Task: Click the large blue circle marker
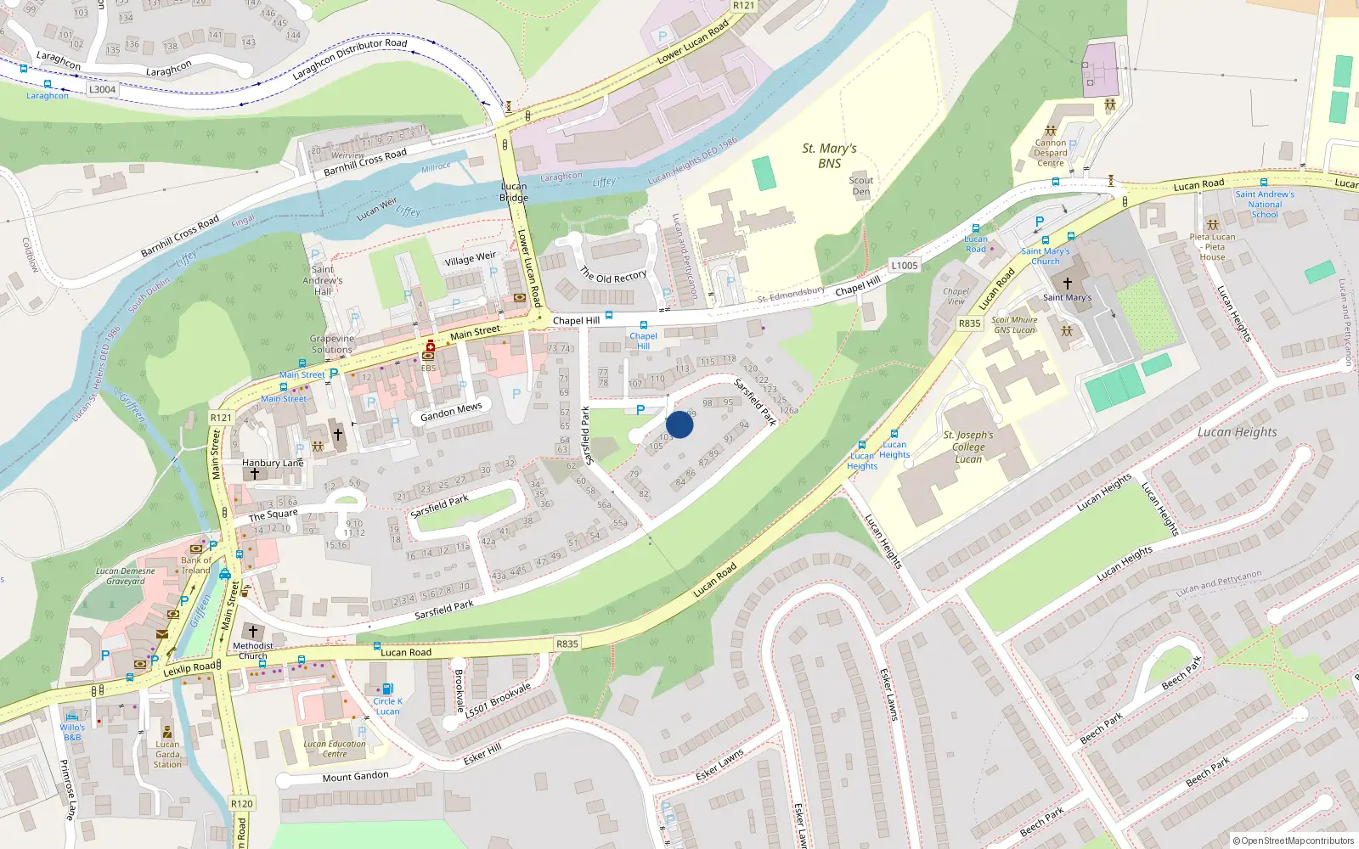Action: tap(679, 424)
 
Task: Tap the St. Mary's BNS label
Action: tap(829, 155)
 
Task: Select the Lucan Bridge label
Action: tap(513, 192)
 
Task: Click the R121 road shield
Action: tap(221, 417)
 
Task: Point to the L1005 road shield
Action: tap(905, 266)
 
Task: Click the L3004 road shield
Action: tap(102, 89)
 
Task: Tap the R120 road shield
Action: tap(241, 803)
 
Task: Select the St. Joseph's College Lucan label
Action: tap(967, 447)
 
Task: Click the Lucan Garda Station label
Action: tap(167, 754)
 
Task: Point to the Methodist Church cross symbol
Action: tap(252, 632)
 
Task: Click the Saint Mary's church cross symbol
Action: tap(1068, 283)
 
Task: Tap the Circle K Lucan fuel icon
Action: tap(387, 689)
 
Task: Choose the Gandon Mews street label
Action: tap(451, 412)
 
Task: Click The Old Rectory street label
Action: tap(613, 275)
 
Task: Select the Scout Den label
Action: tap(860, 185)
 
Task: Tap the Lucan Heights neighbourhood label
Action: tap(1237, 432)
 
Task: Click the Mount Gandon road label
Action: tap(355, 776)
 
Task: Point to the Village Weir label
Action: tap(470, 258)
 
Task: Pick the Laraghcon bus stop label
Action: tap(48, 96)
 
